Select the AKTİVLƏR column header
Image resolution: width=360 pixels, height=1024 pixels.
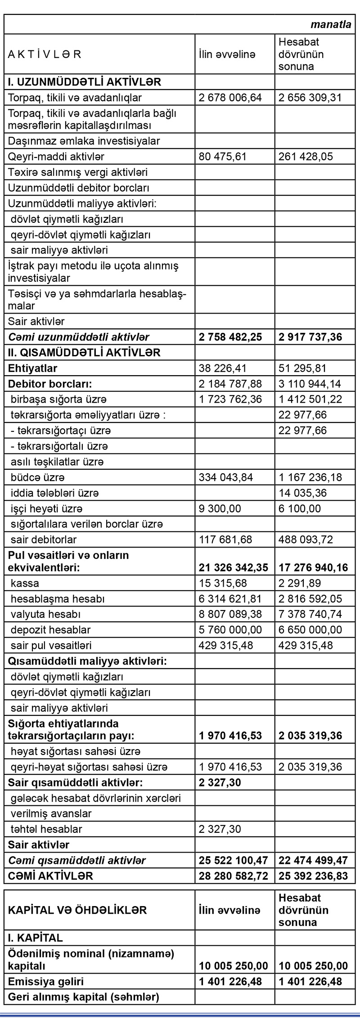click(x=45, y=54)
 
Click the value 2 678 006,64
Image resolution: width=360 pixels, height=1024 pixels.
click(x=230, y=98)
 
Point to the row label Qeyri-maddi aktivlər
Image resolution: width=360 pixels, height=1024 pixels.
click(x=56, y=157)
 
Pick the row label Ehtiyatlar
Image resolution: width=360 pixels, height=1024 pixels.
click(x=33, y=368)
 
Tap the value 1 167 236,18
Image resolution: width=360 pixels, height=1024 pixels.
click(x=310, y=477)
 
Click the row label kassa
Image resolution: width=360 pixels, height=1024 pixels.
click(x=25, y=583)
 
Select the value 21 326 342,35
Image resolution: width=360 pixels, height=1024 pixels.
click(x=233, y=567)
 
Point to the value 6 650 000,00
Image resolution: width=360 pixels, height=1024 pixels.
click(x=310, y=629)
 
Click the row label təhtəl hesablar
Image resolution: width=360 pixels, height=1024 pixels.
click(x=46, y=829)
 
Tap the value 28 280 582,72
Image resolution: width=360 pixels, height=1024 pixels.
click(x=233, y=876)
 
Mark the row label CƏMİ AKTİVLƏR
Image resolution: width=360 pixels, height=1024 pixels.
click(x=50, y=876)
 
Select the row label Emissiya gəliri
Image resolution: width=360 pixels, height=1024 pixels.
click(x=46, y=981)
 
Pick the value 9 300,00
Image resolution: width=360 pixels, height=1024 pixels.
click(x=220, y=508)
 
